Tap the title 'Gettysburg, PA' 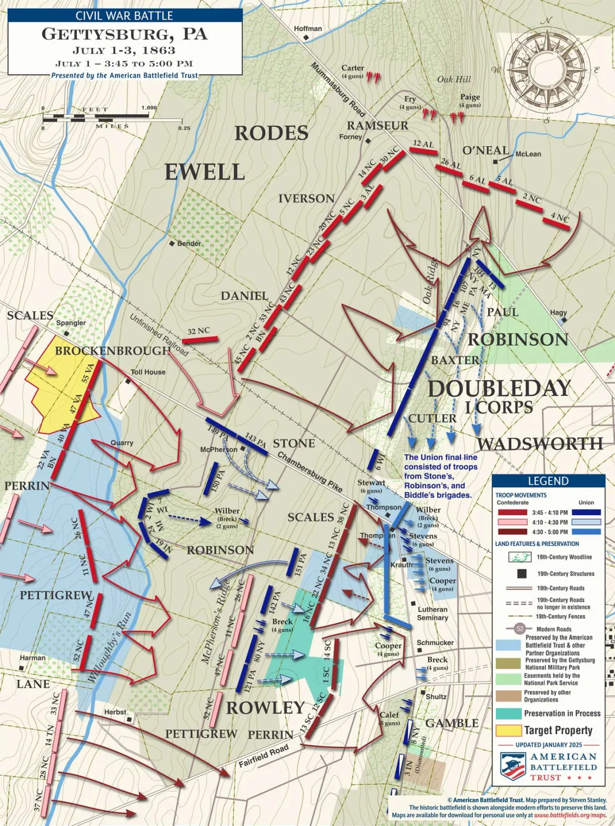click(x=125, y=34)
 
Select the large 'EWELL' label click(x=205, y=172)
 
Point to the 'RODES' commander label click(x=271, y=133)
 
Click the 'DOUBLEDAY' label click(x=499, y=388)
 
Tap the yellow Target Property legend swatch click(x=507, y=730)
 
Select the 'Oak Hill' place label click(x=454, y=79)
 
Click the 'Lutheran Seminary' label click(x=433, y=613)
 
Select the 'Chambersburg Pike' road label click(x=310, y=472)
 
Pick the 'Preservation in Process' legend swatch click(x=507, y=713)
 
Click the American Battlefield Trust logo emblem click(x=512, y=766)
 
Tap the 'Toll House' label click(x=148, y=372)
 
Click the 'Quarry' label click(x=121, y=443)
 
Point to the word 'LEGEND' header click(x=547, y=481)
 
